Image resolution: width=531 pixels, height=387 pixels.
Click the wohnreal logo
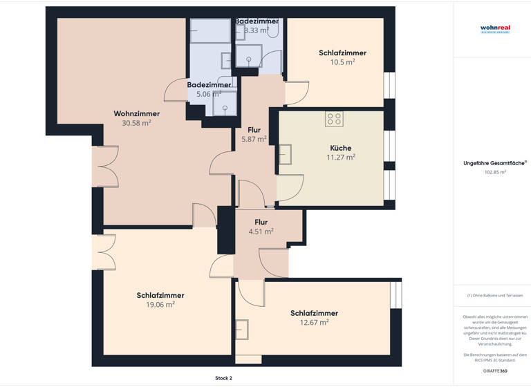(494, 29)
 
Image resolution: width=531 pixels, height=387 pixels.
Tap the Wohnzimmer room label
(137, 113)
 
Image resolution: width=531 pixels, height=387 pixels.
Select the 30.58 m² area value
(137, 123)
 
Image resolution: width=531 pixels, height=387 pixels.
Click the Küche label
(340, 148)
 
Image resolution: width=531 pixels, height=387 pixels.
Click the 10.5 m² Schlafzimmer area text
(342, 62)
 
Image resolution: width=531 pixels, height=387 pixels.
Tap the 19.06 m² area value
(160, 304)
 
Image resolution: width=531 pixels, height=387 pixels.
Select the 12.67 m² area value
(314, 321)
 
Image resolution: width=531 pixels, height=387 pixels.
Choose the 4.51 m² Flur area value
(261, 232)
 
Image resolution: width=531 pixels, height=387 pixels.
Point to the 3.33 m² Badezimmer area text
(257, 30)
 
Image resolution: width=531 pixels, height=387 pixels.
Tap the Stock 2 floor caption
(223, 378)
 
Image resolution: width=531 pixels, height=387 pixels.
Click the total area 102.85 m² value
(495, 172)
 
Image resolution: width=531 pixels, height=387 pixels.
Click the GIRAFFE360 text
(494, 371)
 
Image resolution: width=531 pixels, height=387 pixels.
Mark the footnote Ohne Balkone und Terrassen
(494, 295)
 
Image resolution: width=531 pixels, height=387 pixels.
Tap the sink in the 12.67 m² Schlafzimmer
(241, 330)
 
